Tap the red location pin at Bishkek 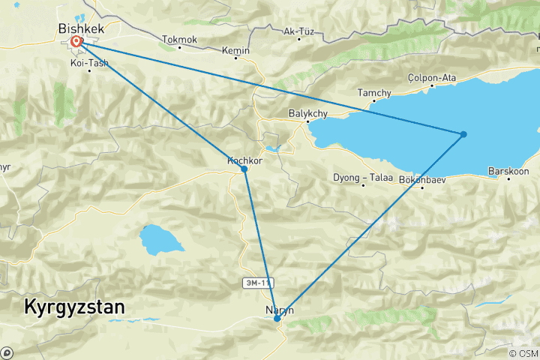click(76, 42)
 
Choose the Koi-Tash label click(89, 63)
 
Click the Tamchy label click(374, 93)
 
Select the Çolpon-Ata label click(431, 77)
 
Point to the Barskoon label click(508, 171)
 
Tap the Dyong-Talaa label click(362, 178)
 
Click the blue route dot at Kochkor click(244, 169)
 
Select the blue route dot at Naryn click(277, 319)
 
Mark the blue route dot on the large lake click(463, 134)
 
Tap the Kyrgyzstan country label click(74, 307)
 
